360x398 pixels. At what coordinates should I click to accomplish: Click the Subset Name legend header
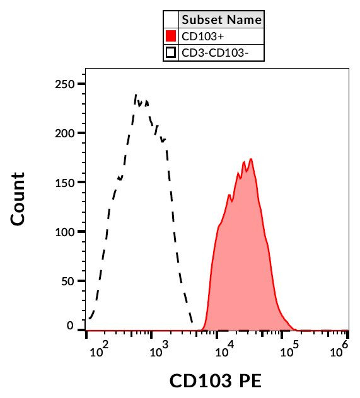pyautogui.click(x=221, y=20)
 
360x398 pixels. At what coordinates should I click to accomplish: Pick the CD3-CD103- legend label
pyautogui.click(x=214, y=53)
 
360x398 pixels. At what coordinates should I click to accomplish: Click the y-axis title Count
pyautogui.click(x=18, y=199)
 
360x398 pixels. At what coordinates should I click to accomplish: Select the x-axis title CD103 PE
pyautogui.click(x=215, y=381)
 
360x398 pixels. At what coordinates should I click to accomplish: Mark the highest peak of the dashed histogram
pyautogui.click(x=136, y=95)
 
